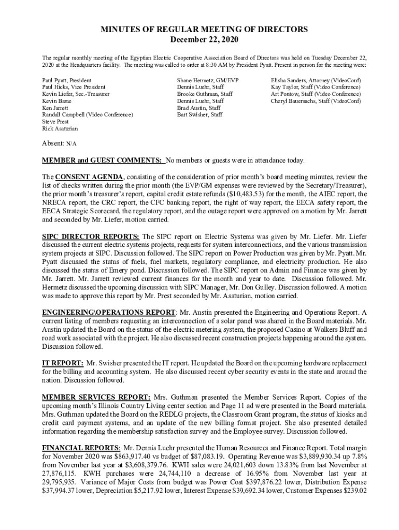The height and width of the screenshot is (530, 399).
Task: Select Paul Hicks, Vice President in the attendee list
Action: [x=74, y=87]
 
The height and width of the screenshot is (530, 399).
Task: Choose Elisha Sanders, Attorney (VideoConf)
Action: [x=316, y=81]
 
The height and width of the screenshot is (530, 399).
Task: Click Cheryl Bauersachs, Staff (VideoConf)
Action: [x=316, y=101]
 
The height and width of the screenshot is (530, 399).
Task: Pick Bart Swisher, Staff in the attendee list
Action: [x=199, y=114]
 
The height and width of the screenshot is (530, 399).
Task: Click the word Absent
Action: [x=53, y=142]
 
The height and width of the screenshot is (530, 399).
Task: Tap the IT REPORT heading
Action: [x=62, y=363]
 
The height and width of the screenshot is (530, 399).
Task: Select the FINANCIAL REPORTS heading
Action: [x=81, y=447]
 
